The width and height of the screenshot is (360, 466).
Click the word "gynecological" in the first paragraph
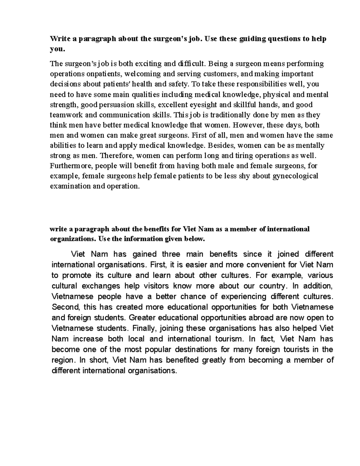[x=295, y=176]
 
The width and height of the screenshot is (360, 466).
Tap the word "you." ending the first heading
[x=57, y=49]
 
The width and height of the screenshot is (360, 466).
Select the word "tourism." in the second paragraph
[x=230, y=339]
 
